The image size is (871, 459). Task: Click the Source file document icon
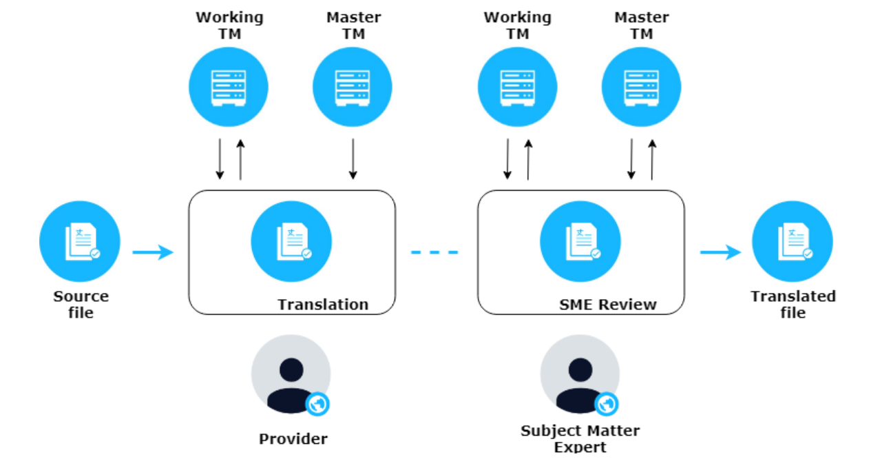click(80, 242)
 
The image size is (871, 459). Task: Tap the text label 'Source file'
click(81, 305)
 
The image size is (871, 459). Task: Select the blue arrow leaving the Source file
click(153, 252)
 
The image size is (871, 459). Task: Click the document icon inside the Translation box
click(291, 242)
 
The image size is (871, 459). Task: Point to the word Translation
click(323, 304)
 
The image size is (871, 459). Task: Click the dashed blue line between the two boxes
click(434, 252)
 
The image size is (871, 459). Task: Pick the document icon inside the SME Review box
click(580, 242)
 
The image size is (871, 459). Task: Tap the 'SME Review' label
click(608, 304)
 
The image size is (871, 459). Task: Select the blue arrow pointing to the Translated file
click(720, 252)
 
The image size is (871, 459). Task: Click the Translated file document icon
click(792, 242)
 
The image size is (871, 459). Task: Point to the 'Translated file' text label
click(793, 305)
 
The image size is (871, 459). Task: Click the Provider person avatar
click(291, 376)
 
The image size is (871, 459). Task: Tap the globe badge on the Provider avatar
click(317, 404)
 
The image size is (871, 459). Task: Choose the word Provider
click(293, 438)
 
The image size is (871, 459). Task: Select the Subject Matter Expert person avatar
click(580, 376)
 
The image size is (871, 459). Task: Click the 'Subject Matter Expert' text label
click(580, 438)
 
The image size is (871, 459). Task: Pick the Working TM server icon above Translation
click(229, 88)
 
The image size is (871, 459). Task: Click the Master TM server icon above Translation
click(353, 88)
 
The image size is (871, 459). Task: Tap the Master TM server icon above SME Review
click(641, 88)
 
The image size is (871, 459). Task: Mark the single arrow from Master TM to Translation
click(353, 159)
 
